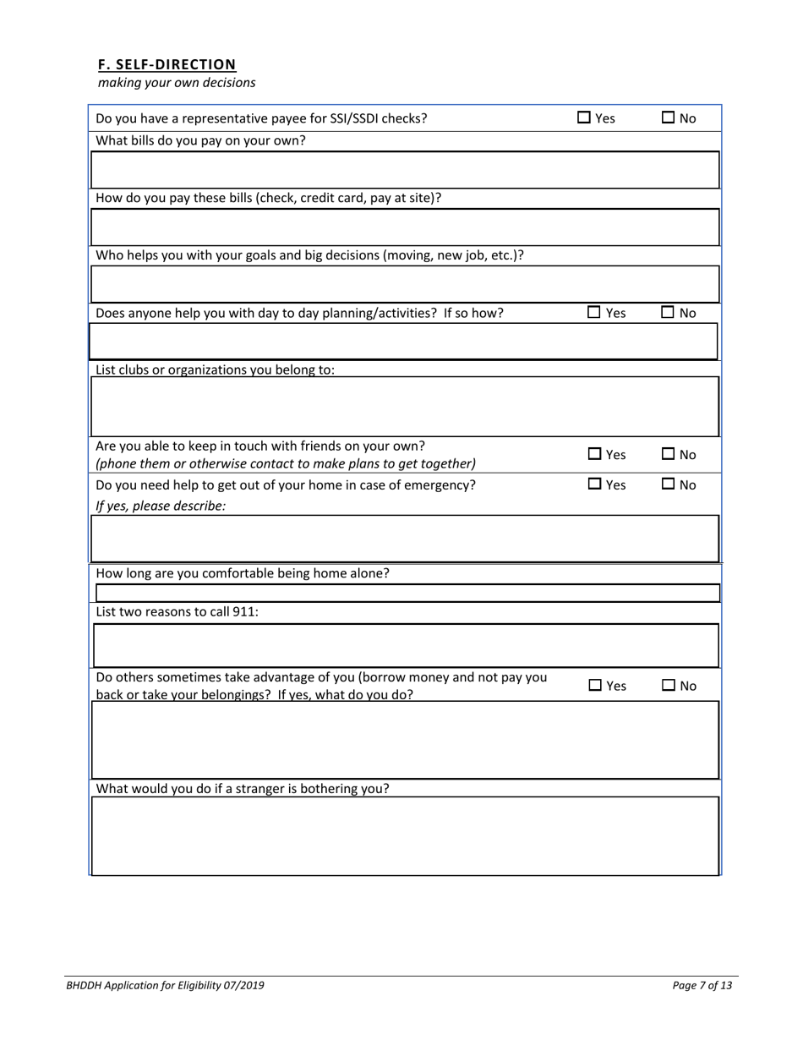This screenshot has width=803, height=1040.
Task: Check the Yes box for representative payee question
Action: [584, 118]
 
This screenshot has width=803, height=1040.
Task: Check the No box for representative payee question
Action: [667, 118]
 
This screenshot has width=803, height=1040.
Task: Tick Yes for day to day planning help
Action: [594, 313]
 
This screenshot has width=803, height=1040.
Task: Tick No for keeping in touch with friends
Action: [667, 455]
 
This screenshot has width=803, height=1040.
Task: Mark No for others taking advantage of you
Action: [667, 686]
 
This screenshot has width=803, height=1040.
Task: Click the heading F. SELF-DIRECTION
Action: [167, 64]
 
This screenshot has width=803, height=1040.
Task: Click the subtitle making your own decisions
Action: [177, 83]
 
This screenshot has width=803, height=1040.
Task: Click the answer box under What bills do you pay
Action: [404, 170]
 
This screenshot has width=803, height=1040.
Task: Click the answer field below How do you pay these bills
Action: [404, 227]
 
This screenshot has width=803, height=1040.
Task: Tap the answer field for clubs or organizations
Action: [404, 407]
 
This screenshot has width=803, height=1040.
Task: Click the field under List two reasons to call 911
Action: [404, 646]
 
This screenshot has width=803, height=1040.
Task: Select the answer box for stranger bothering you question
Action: [404, 836]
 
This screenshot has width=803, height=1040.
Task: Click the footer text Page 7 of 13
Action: [702, 985]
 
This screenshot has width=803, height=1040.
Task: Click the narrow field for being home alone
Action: [404, 593]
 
